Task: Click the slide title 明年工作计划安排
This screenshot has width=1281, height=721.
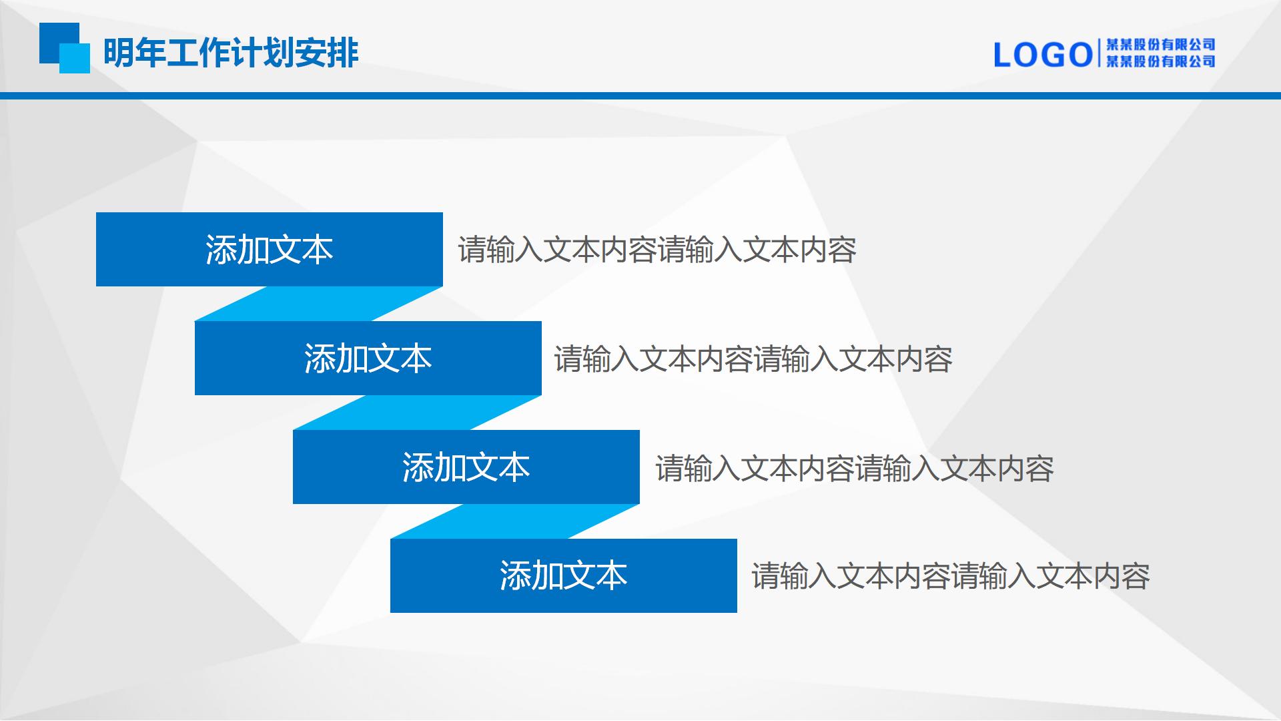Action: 231,53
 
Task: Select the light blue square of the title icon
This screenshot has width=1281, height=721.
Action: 75,58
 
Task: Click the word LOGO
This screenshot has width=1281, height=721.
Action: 1043,55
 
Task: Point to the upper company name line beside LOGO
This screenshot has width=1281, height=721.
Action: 1160,45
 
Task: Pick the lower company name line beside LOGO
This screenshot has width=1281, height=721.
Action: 1160,61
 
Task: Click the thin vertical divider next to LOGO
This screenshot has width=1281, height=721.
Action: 1099,53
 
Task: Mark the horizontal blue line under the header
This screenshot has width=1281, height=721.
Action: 640,96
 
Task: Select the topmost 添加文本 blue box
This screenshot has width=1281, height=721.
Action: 270,250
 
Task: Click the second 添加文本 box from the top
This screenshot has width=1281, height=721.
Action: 368,358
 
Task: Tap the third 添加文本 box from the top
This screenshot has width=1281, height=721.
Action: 466,467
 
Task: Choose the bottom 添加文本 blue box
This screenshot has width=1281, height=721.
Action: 564,575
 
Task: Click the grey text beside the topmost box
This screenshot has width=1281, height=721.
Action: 657,250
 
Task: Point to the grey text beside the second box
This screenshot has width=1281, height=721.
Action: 753,359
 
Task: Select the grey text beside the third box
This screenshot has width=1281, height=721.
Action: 855,469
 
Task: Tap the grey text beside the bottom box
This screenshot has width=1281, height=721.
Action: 951,576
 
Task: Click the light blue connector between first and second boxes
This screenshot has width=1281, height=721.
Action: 319,304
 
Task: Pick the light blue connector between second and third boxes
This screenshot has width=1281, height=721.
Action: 417,413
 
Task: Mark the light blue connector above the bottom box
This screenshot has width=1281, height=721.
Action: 515,521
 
